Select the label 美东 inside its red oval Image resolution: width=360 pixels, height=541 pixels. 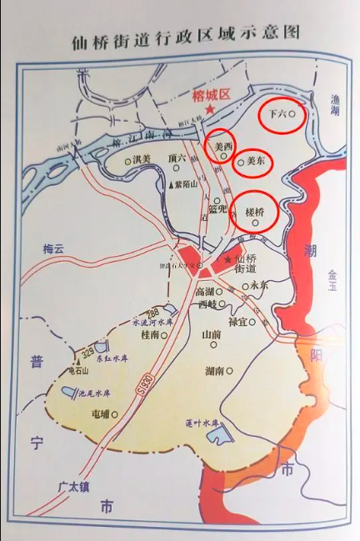257,162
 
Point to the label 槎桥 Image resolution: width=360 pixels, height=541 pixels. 254,213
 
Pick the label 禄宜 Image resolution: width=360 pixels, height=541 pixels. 238,321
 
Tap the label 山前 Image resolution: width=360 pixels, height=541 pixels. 212,334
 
